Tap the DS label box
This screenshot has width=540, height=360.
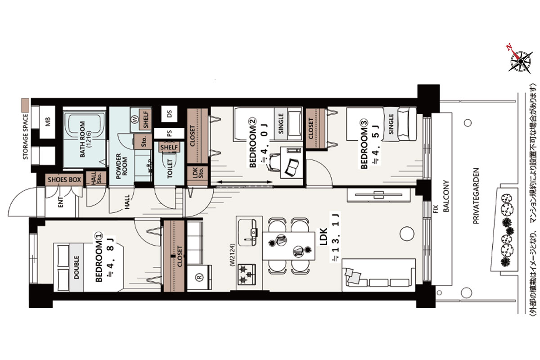(x=169, y=113)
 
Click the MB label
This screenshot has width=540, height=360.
(x=48, y=122)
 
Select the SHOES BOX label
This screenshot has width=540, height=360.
(x=64, y=180)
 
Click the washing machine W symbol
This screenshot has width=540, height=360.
(x=135, y=119)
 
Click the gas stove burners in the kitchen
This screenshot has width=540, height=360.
(x=247, y=274)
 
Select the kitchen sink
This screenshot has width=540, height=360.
(x=247, y=233)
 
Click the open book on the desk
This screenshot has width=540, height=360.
(x=292, y=167)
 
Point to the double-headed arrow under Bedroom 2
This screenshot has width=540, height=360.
(x=244, y=182)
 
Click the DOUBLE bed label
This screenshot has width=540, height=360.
(x=76, y=267)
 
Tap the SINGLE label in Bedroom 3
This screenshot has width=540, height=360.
(x=391, y=124)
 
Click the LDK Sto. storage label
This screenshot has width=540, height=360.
(x=198, y=173)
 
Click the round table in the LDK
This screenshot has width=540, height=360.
(x=407, y=234)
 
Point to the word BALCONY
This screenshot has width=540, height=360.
(x=446, y=196)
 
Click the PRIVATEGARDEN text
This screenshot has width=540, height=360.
(x=476, y=196)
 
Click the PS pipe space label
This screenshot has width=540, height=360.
(x=169, y=133)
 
